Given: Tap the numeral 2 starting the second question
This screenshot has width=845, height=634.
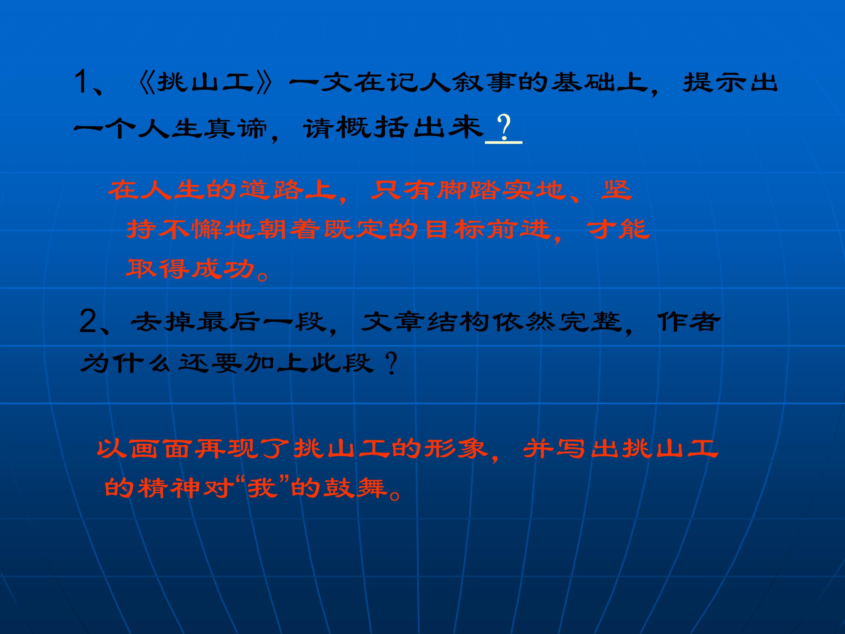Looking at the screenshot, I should [x=88, y=322].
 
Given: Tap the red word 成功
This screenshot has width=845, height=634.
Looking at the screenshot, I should [x=223, y=268].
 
